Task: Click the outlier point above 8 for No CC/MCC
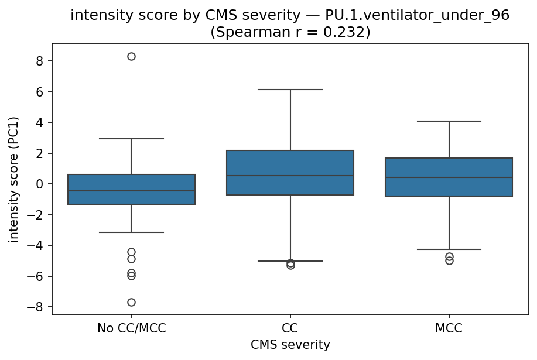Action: (x=131, y=57)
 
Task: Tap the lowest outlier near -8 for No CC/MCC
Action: (x=131, y=302)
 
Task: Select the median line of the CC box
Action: (x=290, y=176)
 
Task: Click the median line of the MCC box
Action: (x=449, y=177)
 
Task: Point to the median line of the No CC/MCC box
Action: (x=131, y=191)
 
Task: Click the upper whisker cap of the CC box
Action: (x=290, y=90)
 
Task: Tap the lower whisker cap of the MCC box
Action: (x=449, y=249)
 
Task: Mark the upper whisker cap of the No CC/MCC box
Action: (x=131, y=139)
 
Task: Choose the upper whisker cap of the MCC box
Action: (x=449, y=121)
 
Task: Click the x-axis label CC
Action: (x=290, y=328)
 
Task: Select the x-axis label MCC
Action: (x=449, y=328)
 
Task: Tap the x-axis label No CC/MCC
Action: (x=131, y=328)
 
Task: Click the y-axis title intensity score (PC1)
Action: (x=14, y=180)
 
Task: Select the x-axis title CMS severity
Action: (x=290, y=345)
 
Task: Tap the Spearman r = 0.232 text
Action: (x=290, y=32)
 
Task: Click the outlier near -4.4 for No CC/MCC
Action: (x=131, y=252)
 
